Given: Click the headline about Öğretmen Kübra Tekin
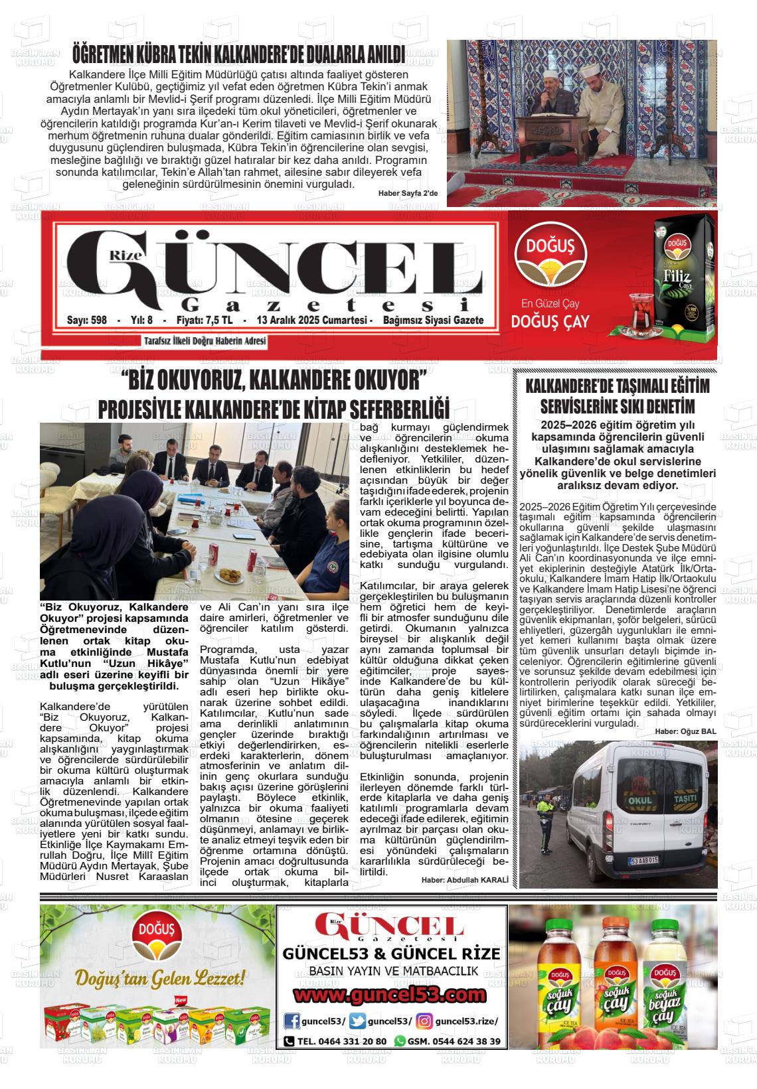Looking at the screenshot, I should click(238, 53).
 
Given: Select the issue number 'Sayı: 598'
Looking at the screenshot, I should click(87, 320).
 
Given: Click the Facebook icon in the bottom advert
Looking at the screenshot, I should click(292, 1021).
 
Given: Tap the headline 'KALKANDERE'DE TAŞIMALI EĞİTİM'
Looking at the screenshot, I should click(617, 386).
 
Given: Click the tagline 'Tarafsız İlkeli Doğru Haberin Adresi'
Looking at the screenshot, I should click(205, 341).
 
